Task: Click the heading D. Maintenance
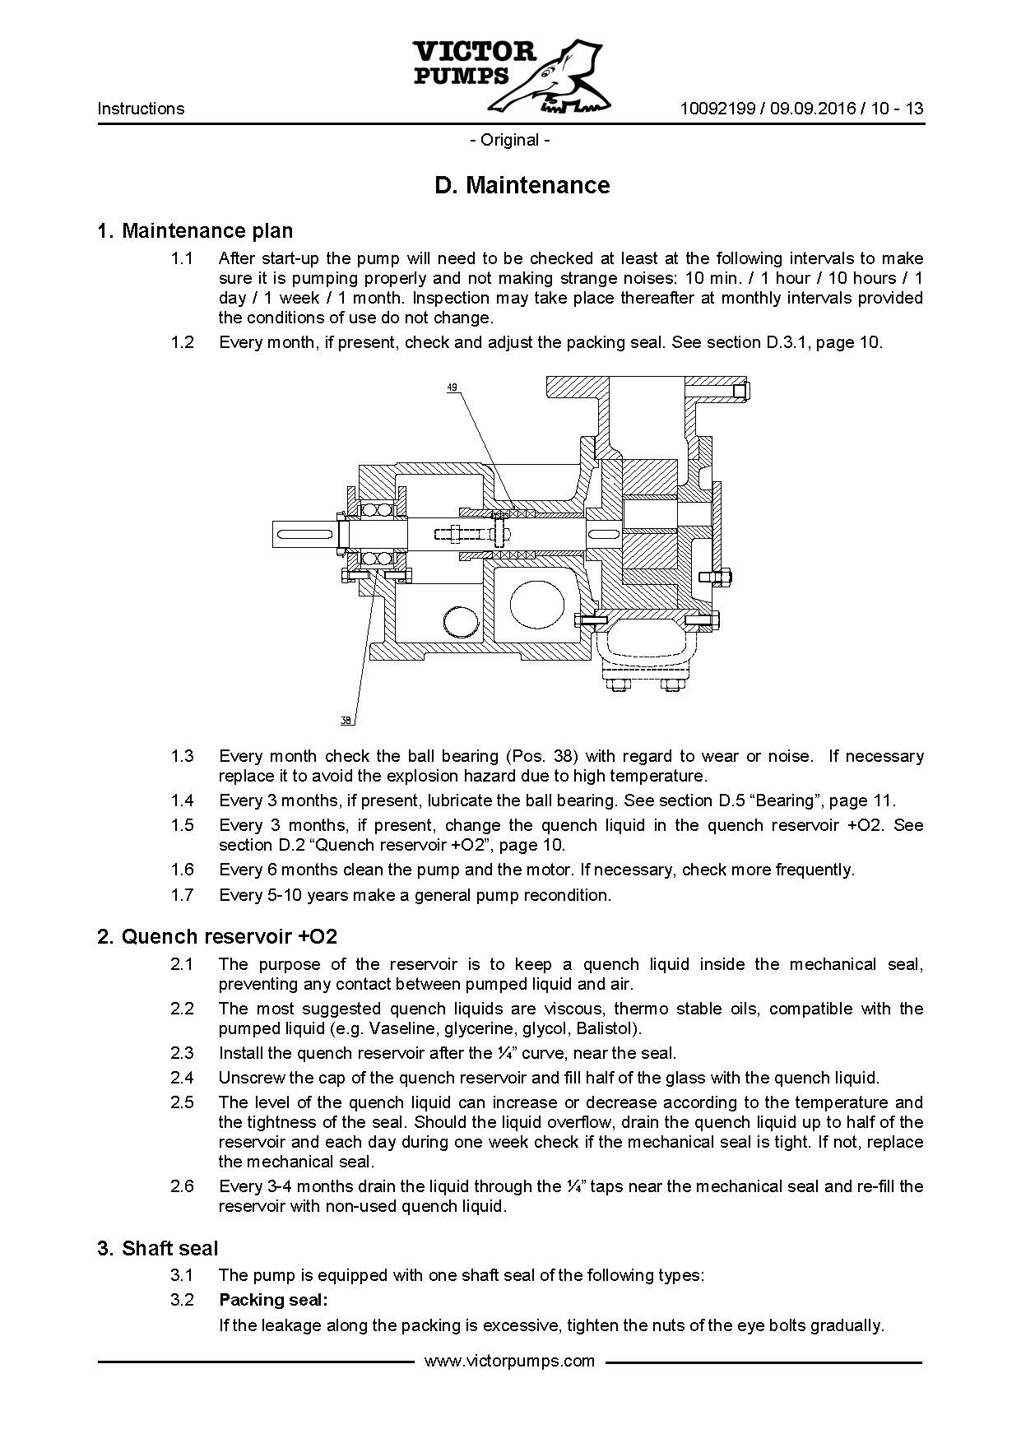(x=522, y=185)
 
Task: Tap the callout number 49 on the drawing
(x=452, y=386)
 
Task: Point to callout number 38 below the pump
(x=346, y=721)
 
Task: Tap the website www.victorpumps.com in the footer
(x=509, y=1361)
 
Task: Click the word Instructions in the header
(x=141, y=109)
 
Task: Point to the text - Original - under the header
(x=510, y=140)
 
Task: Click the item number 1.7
(x=182, y=895)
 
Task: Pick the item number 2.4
(x=182, y=1078)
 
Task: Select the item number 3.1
(x=182, y=1276)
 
